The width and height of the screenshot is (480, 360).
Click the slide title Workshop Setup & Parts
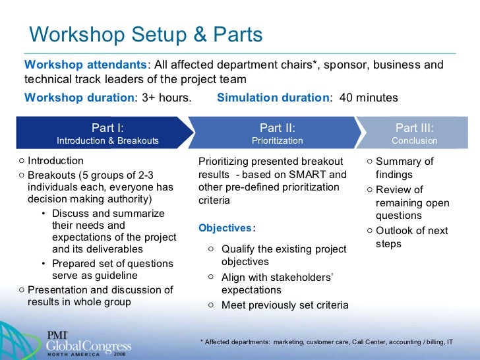click(x=146, y=34)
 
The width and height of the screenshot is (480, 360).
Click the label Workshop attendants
click(x=86, y=65)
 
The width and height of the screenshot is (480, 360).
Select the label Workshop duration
click(x=79, y=98)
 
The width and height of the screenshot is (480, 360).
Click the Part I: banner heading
click(x=107, y=128)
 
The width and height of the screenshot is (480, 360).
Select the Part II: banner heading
click(x=277, y=128)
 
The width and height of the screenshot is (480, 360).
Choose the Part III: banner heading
click(x=414, y=128)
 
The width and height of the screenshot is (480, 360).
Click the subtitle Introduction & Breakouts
click(x=107, y=140)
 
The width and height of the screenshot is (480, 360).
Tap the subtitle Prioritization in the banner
click(x=277, y=140)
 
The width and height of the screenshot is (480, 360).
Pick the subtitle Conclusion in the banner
click(x=414, y=140)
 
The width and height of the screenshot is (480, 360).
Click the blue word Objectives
click(x=225, y=228)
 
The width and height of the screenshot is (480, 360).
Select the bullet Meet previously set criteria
click(x=285, y=305)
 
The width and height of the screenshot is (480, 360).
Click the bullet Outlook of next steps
click(x=411, y=237)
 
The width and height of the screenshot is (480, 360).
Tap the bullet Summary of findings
click(x=404, y=168)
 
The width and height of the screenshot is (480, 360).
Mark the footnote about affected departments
click(x=326, y=342)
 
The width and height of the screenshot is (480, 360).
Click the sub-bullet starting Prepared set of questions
click(x=112, y=270)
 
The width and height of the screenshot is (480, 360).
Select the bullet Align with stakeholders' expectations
click(x=277, y=284)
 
